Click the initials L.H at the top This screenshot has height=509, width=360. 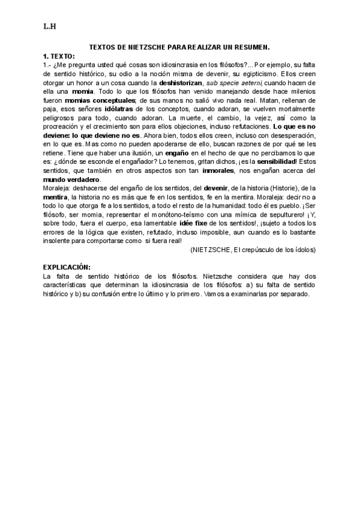[x=49, y=26]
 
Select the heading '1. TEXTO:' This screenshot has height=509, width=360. [x=59, y=56]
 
